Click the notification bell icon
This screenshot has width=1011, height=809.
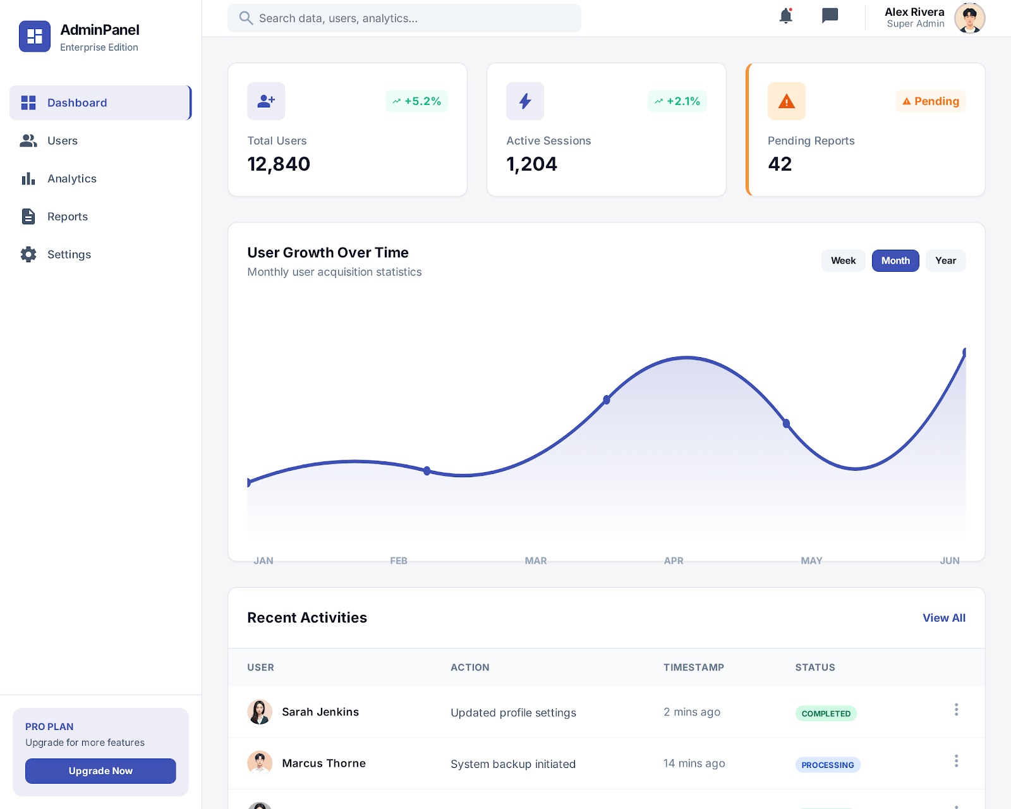[785, 16]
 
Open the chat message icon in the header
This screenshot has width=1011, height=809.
[830, 16]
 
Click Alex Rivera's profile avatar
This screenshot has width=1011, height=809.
[969, 18]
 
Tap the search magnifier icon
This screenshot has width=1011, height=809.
[246, 18]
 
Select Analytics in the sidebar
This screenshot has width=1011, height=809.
[71, 179]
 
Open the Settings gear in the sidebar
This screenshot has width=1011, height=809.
[28, 255]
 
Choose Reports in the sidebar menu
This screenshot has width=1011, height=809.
[67, 217]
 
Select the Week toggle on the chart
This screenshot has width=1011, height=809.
[843, 260]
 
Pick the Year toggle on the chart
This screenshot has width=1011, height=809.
[945, 260]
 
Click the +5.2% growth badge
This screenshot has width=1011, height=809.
[416, 101]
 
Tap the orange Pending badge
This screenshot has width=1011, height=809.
[930, 101]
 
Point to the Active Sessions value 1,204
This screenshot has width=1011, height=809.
[531, 164]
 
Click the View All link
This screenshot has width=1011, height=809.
[943, 618]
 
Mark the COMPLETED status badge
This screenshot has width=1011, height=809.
[825, 714]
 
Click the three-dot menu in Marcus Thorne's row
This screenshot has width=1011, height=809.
[956, 761]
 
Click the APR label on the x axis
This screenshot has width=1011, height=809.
[674, 561]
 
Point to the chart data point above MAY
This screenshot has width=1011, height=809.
[786, 423]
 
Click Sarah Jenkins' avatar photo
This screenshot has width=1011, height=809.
[260, 712]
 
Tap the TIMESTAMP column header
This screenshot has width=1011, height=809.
[693, 667]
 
